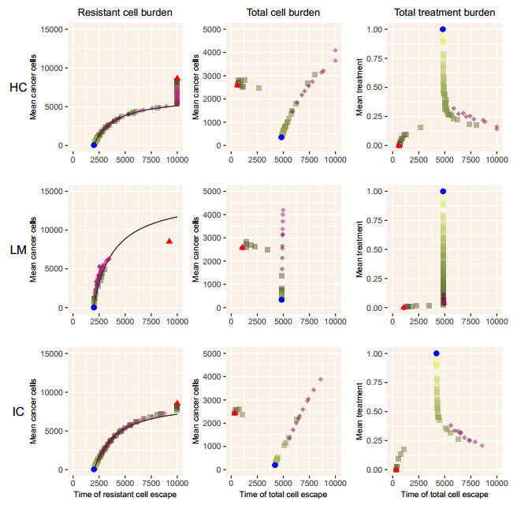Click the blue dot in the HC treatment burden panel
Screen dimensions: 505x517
point(443,29)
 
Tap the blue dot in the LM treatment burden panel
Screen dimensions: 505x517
point(443,192)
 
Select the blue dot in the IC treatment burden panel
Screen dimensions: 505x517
point(436,353)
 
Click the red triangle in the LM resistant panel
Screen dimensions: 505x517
point(169,241)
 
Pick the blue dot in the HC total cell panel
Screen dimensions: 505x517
point(281,137)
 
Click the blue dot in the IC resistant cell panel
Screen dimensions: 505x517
point(94,469)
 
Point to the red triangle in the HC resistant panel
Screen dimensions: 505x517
point(177,78)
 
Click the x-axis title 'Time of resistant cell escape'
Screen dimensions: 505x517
point(125,495)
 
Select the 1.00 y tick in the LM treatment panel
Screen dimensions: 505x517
point(377,192)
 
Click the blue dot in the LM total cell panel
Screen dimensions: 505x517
point(281,300)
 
